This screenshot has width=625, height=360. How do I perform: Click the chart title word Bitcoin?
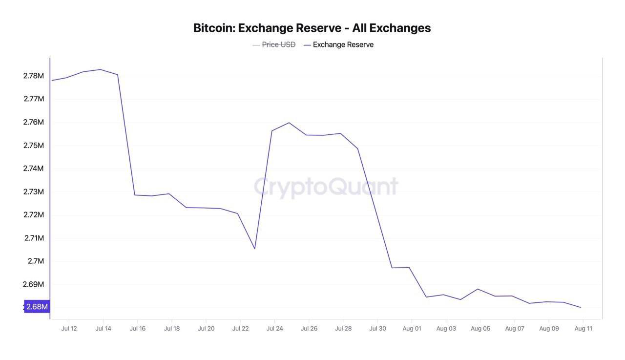pos(213,28)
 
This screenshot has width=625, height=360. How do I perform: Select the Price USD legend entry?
pos(278,44)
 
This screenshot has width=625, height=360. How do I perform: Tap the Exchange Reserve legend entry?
pos(343,44)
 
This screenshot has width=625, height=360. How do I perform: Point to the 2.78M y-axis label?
pos(33,76)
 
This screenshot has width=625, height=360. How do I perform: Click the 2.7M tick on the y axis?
pos(36,261)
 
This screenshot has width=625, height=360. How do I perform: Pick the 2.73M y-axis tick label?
pos(33,192)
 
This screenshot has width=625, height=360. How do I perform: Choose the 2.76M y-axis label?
pos(33,122)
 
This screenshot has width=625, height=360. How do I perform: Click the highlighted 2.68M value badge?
pos(37,307)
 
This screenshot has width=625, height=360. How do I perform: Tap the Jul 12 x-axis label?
pos(69,329)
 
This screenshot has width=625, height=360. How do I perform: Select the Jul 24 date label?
pos(274,329)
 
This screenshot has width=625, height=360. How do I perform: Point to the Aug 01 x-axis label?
pos(412,329)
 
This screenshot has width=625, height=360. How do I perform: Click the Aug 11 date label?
pos(583,329)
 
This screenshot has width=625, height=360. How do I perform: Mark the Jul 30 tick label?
pos(377,329)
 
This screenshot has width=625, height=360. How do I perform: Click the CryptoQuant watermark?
pos(326,187)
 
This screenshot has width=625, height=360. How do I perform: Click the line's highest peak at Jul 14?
pos(101,69)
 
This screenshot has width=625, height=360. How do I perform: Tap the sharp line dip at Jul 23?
pos(254,249)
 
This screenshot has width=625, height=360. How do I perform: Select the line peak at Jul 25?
pos(289,123)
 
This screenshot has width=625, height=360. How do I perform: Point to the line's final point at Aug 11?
pos(581,307)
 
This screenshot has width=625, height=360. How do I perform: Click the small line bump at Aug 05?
pos(478,289)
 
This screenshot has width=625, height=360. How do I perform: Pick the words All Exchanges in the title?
pos(392,28)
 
